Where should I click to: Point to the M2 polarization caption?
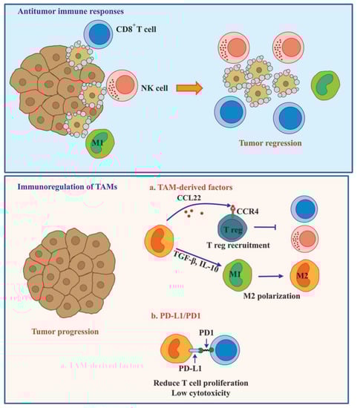pos(274,299)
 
